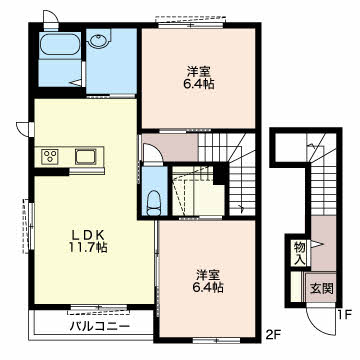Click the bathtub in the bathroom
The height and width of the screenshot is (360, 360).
coord(60,46)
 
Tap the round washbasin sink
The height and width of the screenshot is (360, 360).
coord(99,41)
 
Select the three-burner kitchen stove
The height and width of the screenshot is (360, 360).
coord(50,156)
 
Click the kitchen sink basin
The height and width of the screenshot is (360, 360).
coord(85,156)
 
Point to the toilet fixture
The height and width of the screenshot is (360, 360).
coord(154,202)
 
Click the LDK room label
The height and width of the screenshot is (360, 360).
coord(89,235)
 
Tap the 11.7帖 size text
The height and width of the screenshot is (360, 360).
coord(89,247)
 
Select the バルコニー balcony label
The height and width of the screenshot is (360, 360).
coord(99,326)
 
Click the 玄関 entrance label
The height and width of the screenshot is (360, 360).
coord(322,288)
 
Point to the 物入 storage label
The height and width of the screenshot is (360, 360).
coord(299,254)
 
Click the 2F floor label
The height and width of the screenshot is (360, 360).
coord(272,333)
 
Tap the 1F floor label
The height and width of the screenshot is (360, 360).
coord(344,315)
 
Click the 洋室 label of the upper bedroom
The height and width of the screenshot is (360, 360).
coord(198,71)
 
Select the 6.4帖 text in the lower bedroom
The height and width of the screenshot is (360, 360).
coord(208,287)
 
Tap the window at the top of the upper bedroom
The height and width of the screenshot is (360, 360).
coord(190,25)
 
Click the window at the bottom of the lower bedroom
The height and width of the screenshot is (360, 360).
coord(216,340)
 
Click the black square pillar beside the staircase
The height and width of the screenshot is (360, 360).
coord(219,175)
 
